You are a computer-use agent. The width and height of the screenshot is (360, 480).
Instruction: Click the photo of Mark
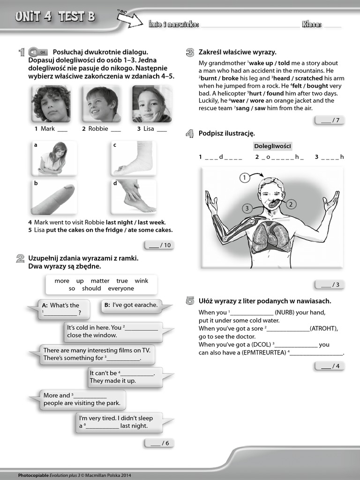pos(51,104)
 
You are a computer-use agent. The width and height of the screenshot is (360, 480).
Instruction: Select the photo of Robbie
pos(101,104)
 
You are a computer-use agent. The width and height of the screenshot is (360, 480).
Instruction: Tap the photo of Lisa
pos(151,104)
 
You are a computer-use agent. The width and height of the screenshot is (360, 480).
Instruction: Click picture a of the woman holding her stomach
pos(52,158)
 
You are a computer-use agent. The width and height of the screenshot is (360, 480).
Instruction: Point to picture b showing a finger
pos(52,197)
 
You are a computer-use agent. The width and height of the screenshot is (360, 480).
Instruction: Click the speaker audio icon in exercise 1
pos(34,52)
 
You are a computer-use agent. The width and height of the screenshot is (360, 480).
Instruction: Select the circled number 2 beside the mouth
pos(290,204)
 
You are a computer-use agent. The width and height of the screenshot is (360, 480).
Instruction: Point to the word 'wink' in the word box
pos(141,281)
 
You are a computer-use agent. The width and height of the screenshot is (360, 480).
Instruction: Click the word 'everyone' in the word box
pos(121,289)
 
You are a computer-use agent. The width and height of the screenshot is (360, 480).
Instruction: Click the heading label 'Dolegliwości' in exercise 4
pos(272,146)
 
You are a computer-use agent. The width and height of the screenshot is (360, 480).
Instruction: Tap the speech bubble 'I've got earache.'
pos(131,305)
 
